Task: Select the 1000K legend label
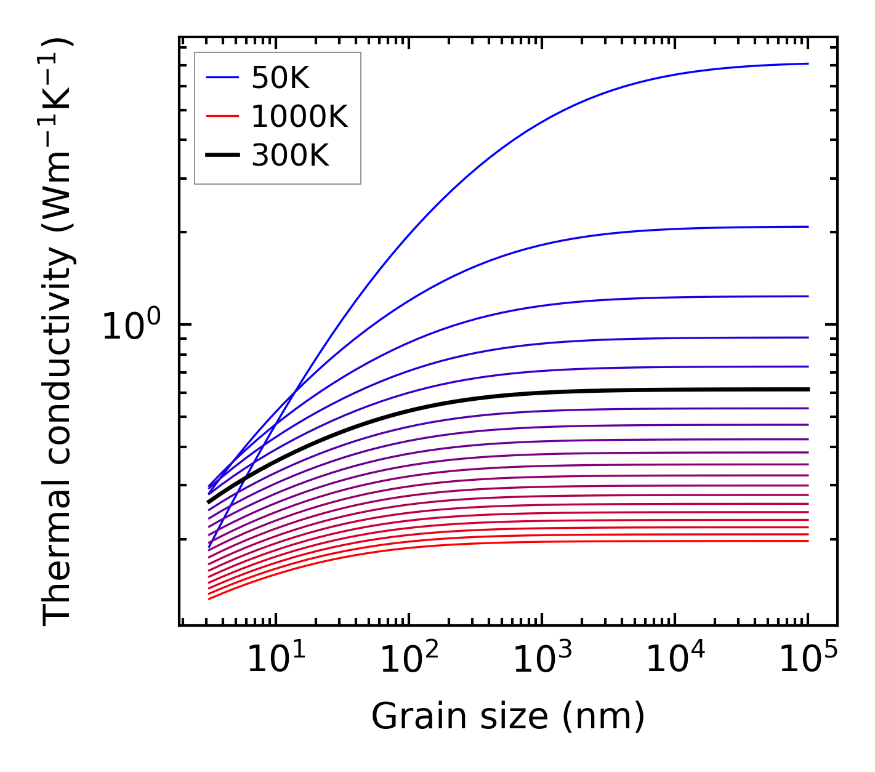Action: pyautogui.click(x=299, y=116)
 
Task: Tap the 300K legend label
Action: pyautogui.click(x=290, y=156)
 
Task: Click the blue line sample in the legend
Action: pyautogui.click(x=222, y=78)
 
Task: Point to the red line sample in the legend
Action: pyautogui.click(x=222, y=116)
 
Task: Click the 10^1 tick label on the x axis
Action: pyautogui.click(x=276, y=660)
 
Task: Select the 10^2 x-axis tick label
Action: pyautogui.click(x=409, y=660)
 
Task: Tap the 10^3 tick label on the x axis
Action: pyautogui.click(x=542, y=660)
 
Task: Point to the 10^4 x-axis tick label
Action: pyautogui.click(x=675, y=660)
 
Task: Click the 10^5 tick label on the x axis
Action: pyautogui.click(x=807, y=660)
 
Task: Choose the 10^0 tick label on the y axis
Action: pyautogui.click(x=131, y=326)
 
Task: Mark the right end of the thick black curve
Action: pyautogui.click(x=808, y=389)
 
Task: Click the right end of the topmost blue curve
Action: pyautogui.click(x=808, y=63)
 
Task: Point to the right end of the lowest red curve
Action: pyautogui.click(x=808, y=541)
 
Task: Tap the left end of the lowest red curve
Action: pyautogui.click(x=209, y=598)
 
